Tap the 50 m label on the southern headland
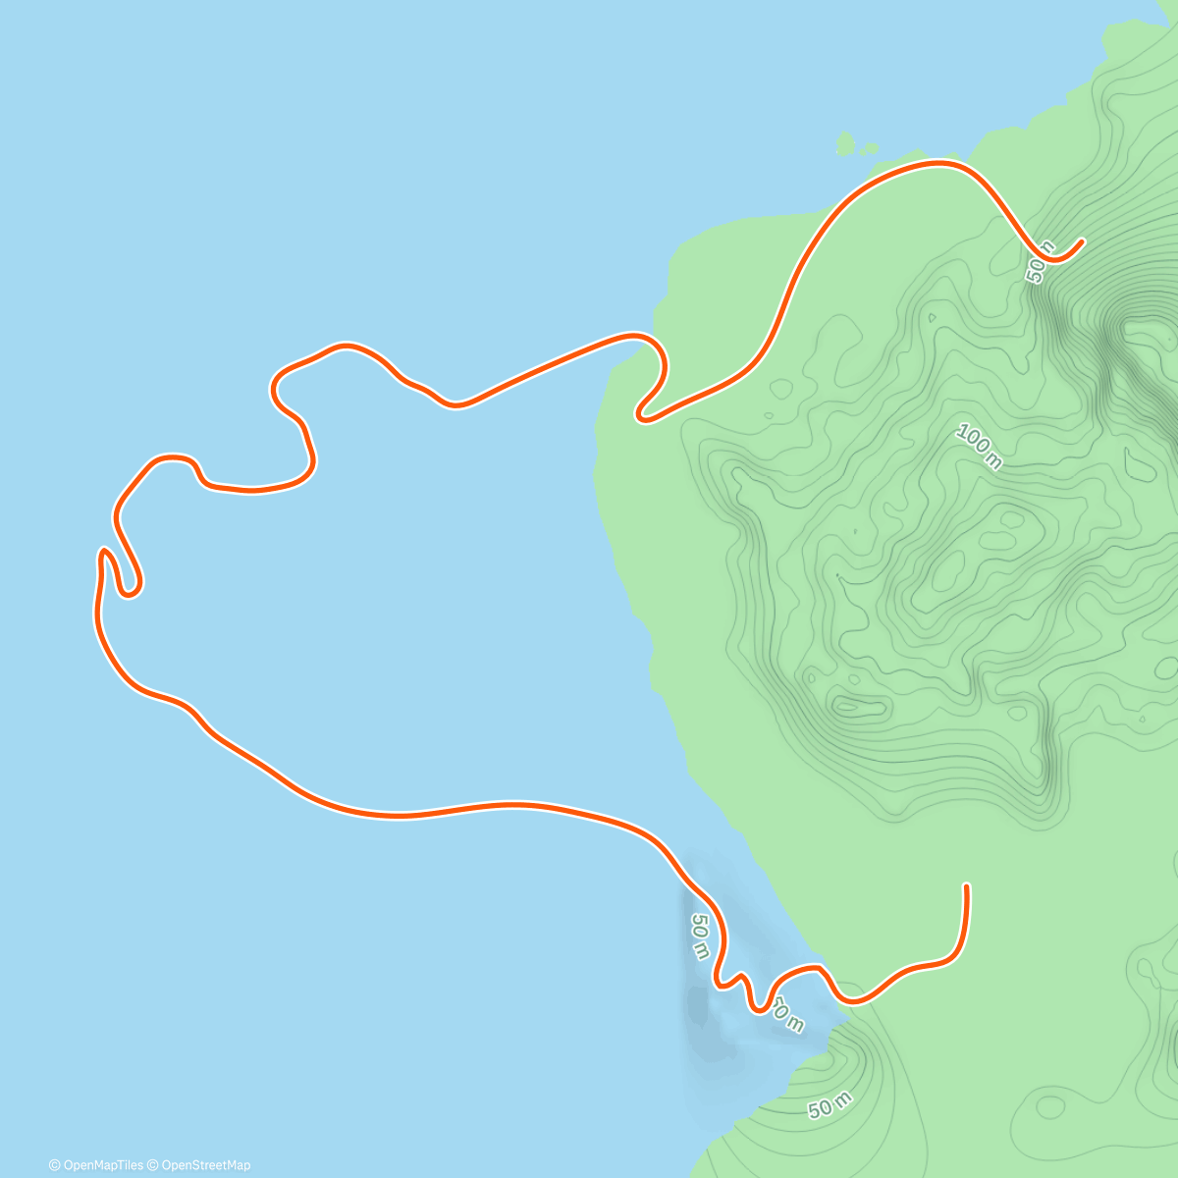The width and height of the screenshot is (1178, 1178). point(830,1106)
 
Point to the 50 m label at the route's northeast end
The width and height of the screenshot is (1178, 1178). point(1041,261)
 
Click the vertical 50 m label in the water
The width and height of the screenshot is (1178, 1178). point(699,937)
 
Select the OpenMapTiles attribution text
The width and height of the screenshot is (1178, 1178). point(102,1165)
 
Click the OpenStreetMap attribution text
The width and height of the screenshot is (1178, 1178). point(205,1165)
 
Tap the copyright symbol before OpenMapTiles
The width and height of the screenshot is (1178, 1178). point(54,1165)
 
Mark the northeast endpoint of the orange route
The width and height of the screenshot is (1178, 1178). point(1081,241)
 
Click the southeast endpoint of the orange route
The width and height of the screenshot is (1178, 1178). point(967,886)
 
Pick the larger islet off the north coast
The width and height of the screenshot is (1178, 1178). point(845,145)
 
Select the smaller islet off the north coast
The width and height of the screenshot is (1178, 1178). point(870,149)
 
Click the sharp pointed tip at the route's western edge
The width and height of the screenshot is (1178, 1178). point(102,551)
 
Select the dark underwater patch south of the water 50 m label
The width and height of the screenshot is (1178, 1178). point(699,1006)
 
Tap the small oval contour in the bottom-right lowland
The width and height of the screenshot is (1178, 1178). point(1049,1107)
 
